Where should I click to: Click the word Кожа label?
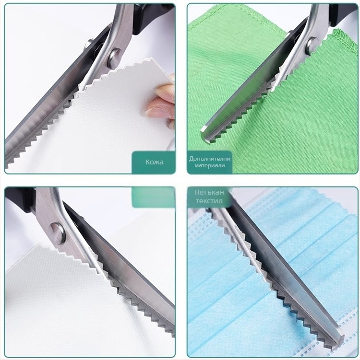point(154,162)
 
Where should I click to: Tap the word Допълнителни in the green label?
point(210,159)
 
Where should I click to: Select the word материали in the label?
point(210,165)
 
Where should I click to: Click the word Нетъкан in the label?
point(209,192)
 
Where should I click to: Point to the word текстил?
point(209,201)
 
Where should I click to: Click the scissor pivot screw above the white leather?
point(115,56)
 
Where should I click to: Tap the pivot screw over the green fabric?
point(312,46)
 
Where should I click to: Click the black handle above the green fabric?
point(338,15)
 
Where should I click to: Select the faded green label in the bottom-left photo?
point(153,197)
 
